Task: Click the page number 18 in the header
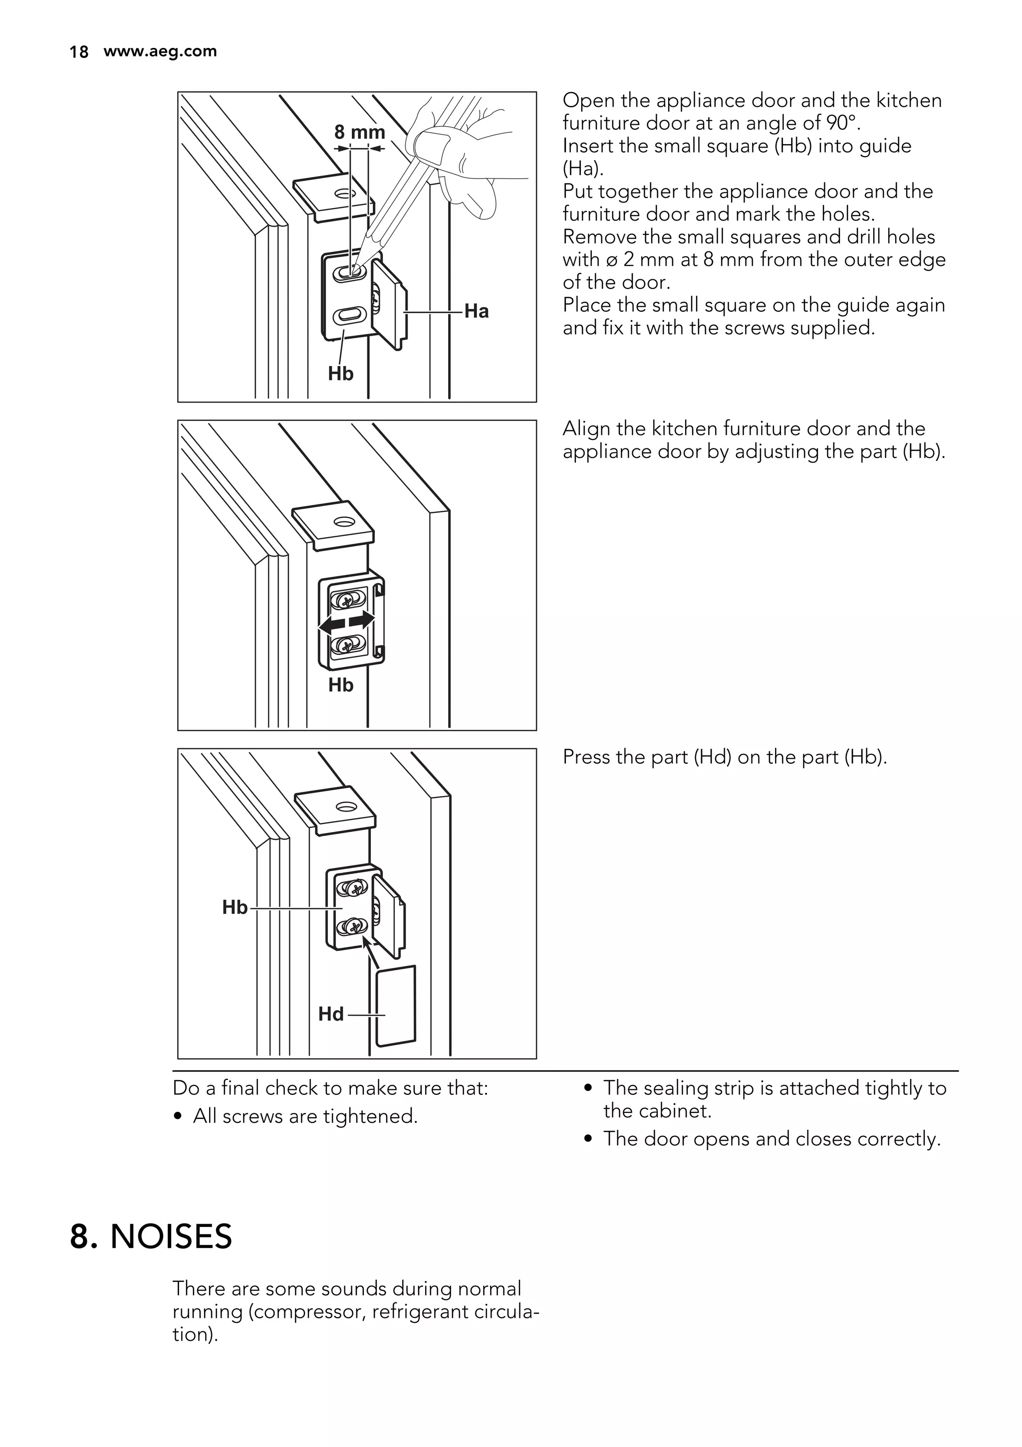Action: [78, 52]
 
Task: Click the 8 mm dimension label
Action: [359, 132]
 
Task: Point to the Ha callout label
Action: [477, 311]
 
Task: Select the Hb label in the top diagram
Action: [340, 374]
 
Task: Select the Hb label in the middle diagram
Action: [340, 685]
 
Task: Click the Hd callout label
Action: [331, 1014]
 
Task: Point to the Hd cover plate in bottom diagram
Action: [396, 1006]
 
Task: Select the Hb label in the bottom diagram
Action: [235, 907]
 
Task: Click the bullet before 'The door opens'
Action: [588, 1139]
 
